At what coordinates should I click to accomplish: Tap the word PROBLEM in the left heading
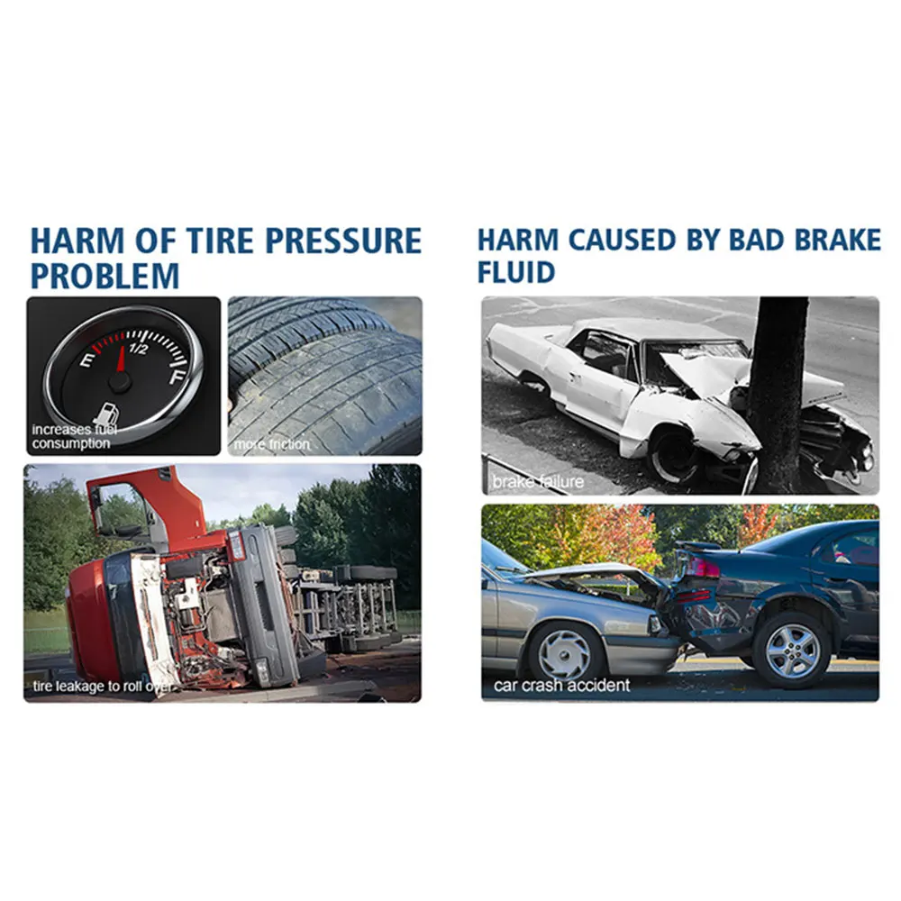click(x=105, y=276)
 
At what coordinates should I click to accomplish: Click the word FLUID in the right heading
click(x=516, y=272)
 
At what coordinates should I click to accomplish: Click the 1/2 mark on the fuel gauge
click(x=138, y=349)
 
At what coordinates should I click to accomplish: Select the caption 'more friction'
click(x=272, y=444)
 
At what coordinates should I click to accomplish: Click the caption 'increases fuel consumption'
click(x=74, y=436)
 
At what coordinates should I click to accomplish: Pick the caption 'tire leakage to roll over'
click(x=101, y=686)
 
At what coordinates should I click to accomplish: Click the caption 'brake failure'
click(x=538, y=481)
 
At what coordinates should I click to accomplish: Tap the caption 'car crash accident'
click(x=561, y=685)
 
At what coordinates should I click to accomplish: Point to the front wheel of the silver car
click(x=565, y=652)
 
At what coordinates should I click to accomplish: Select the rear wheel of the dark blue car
click(x=792, y=651)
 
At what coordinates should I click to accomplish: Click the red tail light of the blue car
click(x=702, y=568)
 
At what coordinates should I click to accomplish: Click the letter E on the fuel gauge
click(x=88, y=360)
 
